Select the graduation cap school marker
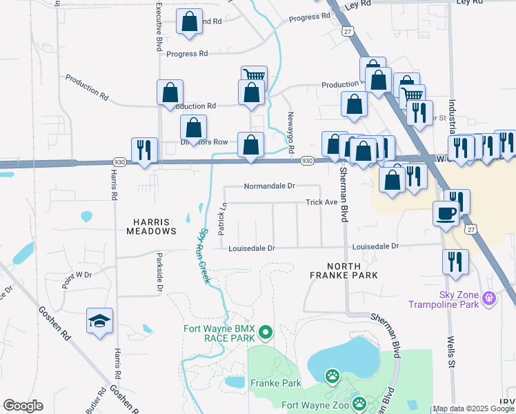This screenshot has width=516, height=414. click(x=99, y=321)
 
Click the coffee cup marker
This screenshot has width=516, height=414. click(x=446, y=213)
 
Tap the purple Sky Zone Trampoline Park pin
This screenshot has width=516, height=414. click(x=490, y=298)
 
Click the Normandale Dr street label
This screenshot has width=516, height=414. click(x=269, y=186)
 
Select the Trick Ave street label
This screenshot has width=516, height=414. click(x=321, y=203)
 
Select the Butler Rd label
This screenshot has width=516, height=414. click(x=96, y=398)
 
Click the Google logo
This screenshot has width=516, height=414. click(x=23, y=406)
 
